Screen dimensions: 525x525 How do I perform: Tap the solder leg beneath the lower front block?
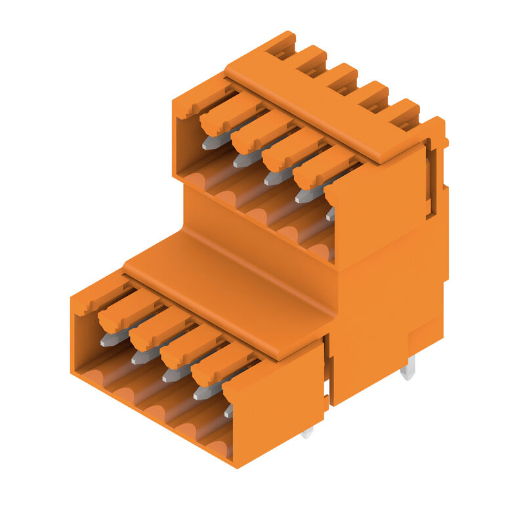click(307, 432)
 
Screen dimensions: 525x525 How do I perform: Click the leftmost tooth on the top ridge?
click(281, 43)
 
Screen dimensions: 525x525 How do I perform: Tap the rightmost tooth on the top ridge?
click(402, 113)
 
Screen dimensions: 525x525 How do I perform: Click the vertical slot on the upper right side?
click(430, 177)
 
